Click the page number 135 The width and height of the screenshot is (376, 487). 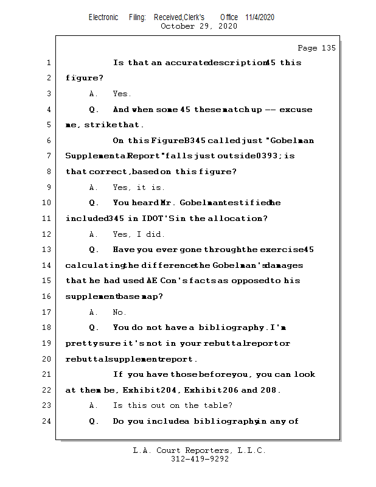327,48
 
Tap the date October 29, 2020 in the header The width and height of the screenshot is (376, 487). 198,26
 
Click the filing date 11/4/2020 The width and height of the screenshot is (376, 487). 260,17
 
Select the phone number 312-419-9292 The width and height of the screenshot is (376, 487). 200,460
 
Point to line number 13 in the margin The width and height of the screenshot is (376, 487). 48,250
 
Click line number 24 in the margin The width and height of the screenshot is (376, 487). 48,421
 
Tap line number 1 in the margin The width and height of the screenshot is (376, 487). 48,63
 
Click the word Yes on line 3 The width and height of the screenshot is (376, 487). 122,94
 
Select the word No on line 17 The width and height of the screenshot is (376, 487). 119,312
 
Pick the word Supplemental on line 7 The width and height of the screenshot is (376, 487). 95,156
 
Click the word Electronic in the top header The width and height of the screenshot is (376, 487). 103,17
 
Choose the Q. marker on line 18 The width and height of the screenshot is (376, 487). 94,328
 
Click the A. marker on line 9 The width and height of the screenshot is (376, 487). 94,187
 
